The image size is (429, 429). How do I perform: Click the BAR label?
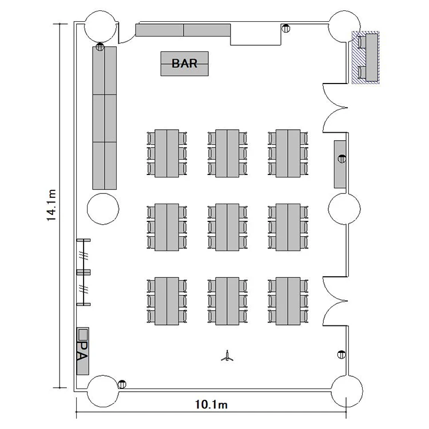click(x=184, y=63)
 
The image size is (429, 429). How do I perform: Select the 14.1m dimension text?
click(x=51, y=205)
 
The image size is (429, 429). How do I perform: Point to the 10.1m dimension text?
click(x=211, y=404)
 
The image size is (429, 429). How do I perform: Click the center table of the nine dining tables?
click(x=227, y=227)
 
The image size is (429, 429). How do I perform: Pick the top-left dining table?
click(x=166, y=153)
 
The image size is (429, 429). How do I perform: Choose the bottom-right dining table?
click(x=288, y=301)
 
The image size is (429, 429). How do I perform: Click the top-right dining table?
click(x=288, y=153)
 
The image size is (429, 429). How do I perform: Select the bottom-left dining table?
click(x=166, y=301)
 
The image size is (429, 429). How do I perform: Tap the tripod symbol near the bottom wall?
click(x=227, y=356)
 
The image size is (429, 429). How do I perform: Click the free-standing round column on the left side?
click(x=103, y=209)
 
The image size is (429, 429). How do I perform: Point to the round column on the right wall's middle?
click(x=344, y=209)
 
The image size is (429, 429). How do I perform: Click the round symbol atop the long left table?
click(x=100, y=47)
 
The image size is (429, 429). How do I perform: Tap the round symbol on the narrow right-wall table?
click(x=342, y=158)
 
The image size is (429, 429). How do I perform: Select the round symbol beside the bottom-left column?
click(x=122, y=384)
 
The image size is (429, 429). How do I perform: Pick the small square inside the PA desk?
click(x=83, y=333)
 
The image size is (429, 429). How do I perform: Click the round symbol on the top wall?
click(x=286, y=28)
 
